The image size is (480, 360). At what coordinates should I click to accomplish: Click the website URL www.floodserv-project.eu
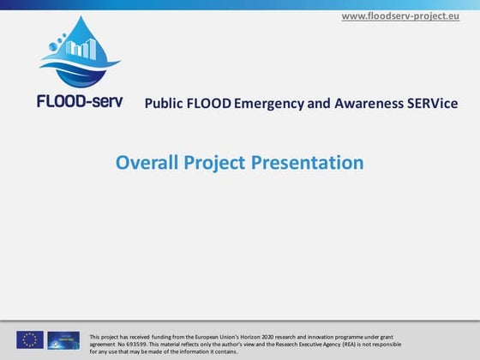tap(406, 16)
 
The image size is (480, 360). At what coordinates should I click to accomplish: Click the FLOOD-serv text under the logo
tap(80, 100)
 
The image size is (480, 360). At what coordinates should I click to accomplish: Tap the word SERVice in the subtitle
tap(433, 104)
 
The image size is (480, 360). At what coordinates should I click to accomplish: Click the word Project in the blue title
tap(218, 162)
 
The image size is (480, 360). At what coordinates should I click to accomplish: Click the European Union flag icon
tap(30, 339)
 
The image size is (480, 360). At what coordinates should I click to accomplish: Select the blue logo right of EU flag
tap(63, 339)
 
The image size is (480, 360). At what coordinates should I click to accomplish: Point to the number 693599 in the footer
tap(138, 343)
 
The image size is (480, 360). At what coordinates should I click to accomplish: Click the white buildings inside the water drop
tap(81, 49)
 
